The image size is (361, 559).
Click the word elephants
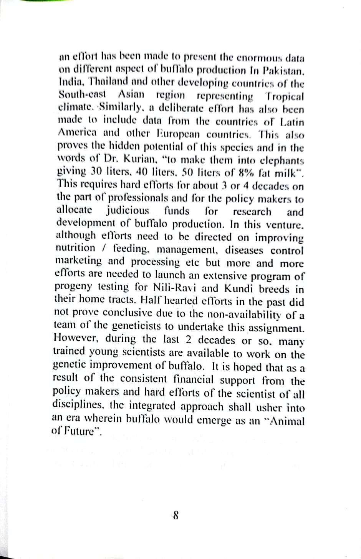(280, 161)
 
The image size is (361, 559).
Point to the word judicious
(128, 211)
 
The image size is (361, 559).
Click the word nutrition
(75, 248)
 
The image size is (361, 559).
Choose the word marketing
(79, 261)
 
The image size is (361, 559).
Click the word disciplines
(78, 405)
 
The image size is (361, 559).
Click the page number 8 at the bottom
(176, 515)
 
